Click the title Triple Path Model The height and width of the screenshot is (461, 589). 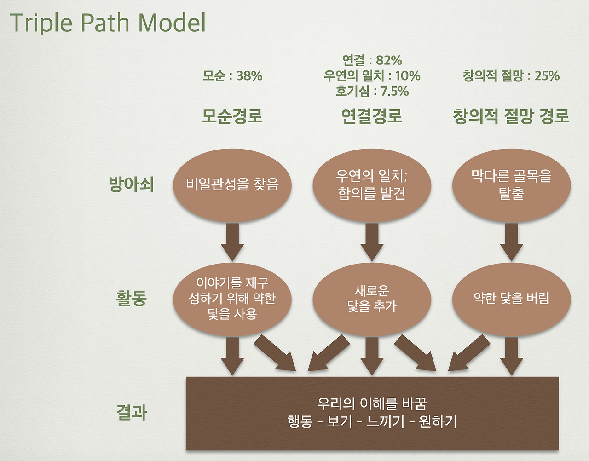[108, 23]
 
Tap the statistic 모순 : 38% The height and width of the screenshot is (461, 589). [232, 75]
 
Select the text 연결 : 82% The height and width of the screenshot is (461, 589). [372, 60]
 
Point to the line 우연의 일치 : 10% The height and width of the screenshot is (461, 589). [372, 75]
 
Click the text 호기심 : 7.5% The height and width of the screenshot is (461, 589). [372, 91]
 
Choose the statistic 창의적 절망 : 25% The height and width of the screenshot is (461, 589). [511, 75]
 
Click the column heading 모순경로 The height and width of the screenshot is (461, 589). [232, 116]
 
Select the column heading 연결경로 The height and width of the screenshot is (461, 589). [372, 116]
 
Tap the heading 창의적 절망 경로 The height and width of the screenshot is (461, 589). [511, 116]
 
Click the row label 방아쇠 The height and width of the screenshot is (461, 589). [131, 184]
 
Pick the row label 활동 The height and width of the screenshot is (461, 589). [131, 298]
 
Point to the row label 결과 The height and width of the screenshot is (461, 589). [131, 412]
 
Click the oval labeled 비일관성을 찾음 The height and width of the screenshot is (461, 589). [232, 185]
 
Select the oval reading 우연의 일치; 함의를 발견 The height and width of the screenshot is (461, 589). [372, 185]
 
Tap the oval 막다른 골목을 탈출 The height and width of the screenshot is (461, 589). [511, 185]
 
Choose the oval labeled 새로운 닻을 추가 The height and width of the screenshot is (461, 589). [372, 299]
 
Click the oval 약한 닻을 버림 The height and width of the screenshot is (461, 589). [511, 299]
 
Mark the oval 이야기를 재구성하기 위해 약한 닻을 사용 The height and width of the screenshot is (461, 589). [232, 299]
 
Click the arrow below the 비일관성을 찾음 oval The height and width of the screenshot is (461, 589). [232, 242]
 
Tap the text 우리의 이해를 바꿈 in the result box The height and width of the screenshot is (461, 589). [372, 403]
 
